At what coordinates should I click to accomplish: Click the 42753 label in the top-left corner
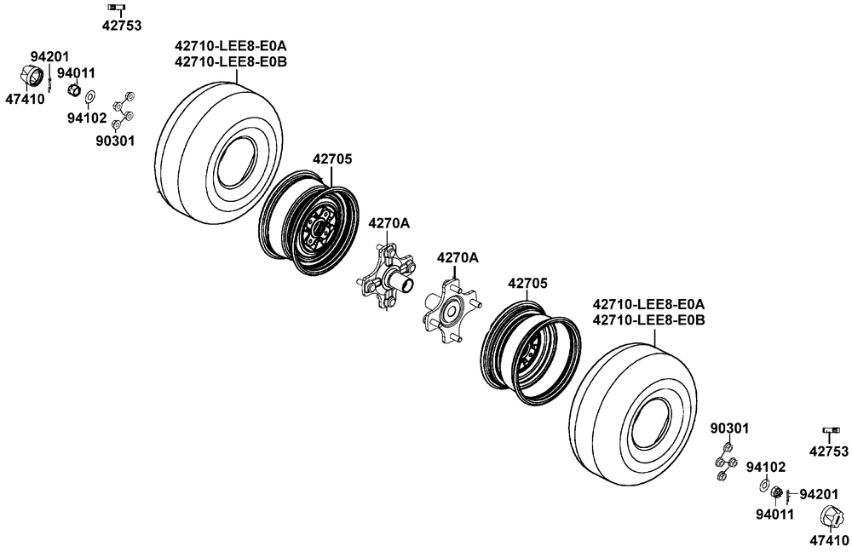click(x=122, y=26)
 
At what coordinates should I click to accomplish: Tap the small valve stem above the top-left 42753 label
click(x=116, y=7)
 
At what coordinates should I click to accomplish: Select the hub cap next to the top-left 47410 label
click(x=32, y=76)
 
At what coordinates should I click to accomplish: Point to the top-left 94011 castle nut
click(x=74, y=89)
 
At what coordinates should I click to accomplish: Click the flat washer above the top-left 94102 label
click(x=90, y=97)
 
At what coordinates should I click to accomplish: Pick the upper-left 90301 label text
click(x=115, y=141)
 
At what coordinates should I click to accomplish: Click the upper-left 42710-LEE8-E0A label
click(x=230, y=45)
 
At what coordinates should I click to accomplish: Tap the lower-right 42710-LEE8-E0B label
click(x=648, y=320)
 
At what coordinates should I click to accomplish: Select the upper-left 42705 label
click(x=332, y=159)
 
